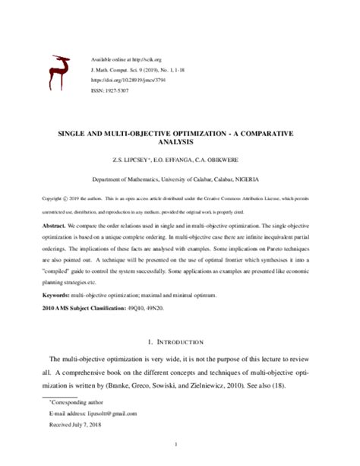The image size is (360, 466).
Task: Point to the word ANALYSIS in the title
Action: pyautogui.click(x=180, y=141)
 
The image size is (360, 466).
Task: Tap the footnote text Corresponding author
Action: pyautogui.click(x=75, y=400)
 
